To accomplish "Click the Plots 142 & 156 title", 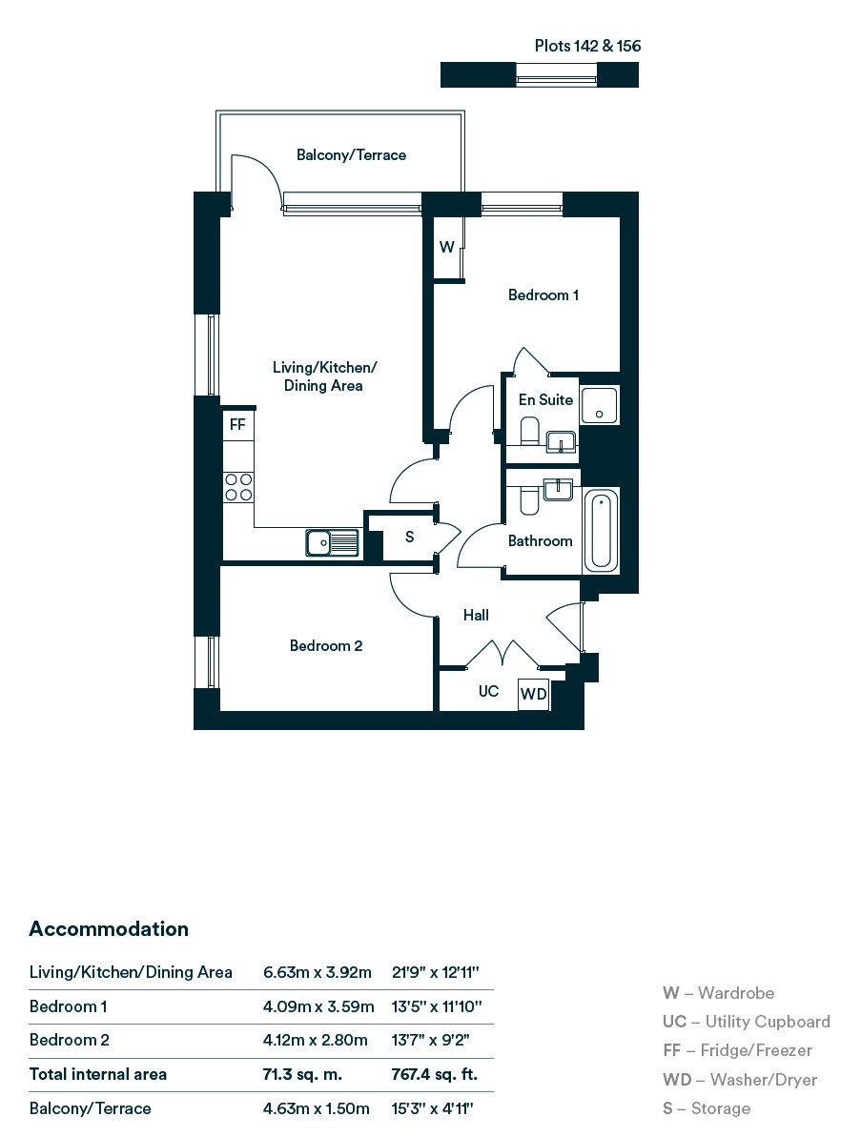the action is point(587,46).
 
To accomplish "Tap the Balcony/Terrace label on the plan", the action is point(351,155).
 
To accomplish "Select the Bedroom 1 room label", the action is point(543,295).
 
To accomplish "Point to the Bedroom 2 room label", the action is point(326,646).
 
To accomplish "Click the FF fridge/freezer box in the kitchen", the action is point(238,424).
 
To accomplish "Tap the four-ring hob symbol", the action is point(238,487).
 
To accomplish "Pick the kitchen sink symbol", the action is point(332,543).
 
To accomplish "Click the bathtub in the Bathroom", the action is point(601,531).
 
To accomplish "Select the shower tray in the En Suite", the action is point(600,405).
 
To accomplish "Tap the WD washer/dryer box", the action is point(533,694).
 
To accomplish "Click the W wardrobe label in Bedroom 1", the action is point(447,247).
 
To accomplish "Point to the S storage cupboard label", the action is point(409,538).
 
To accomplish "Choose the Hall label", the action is point(476,616).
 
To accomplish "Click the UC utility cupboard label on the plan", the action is point(488,692).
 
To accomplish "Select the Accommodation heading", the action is point(109,929).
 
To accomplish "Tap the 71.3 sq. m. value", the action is point(301,1075).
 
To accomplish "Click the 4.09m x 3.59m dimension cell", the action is point(318,1006).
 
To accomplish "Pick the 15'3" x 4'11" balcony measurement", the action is point(432,1108).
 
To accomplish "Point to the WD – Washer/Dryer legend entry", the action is point(740,1081).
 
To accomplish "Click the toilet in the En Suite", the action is point(529,430).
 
